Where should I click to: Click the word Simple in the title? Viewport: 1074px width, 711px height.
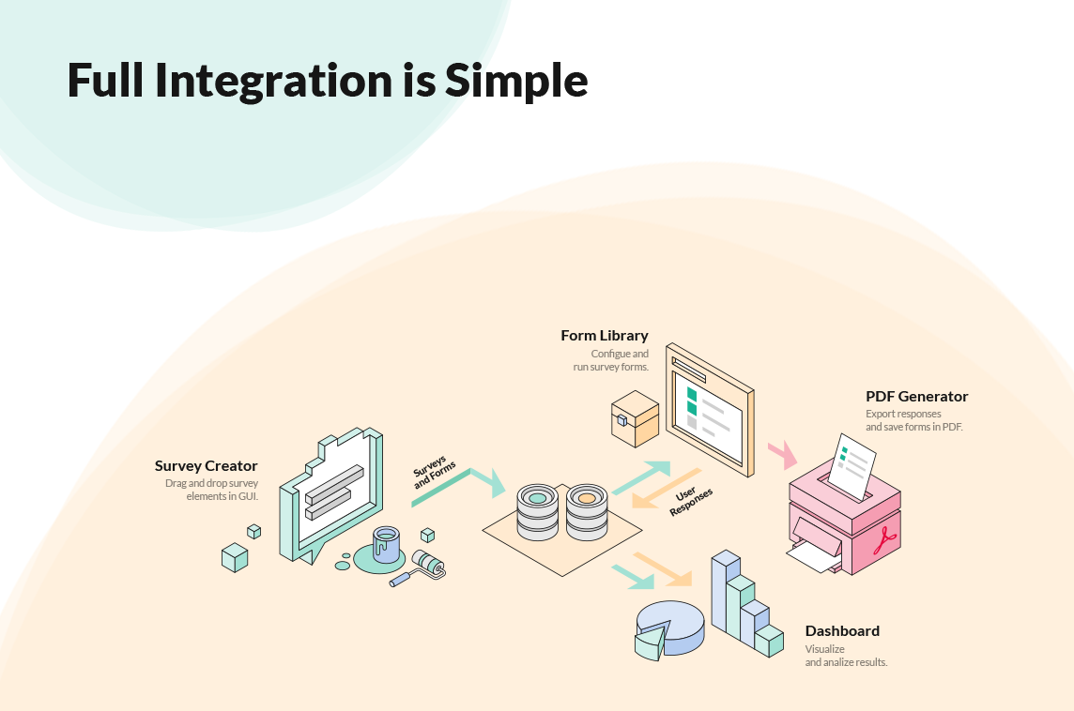coord(516,81)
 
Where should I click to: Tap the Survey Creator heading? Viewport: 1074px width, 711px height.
coord(207,466)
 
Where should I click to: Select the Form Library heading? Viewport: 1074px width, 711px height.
coord(605,335)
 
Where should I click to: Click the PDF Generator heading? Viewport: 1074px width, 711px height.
coord(916,396)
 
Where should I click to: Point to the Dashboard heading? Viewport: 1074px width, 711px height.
coord(842,631)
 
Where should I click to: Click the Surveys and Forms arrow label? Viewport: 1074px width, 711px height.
coord(434,472)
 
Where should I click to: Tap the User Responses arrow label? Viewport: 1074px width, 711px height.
coord(690,502)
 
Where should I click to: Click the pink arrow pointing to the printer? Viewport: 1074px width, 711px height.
coord(783,454)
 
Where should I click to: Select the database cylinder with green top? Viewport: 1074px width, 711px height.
coord(538,512)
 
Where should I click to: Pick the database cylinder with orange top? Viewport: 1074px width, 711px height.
coord(587,512)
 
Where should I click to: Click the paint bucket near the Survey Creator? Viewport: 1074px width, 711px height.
coord(386,545)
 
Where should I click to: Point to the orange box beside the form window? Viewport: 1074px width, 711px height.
coord(635,418)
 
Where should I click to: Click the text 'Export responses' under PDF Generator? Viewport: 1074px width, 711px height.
coord(903,414)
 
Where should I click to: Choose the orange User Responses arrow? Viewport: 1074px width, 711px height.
coord(666,489)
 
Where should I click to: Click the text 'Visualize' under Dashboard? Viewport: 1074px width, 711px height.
coord(824,649)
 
